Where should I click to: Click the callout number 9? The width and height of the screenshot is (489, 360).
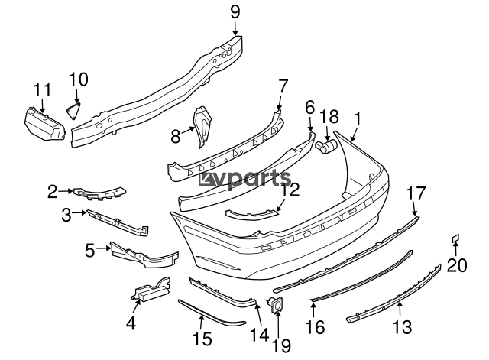235,11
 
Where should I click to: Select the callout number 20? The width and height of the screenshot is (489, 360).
456,265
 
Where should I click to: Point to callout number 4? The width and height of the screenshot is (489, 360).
131,323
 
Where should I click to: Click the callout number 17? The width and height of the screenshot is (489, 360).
415,193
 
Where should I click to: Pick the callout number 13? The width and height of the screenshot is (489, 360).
403,328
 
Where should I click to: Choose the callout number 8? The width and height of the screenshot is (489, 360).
176,137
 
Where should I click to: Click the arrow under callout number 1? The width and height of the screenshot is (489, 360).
352,131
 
